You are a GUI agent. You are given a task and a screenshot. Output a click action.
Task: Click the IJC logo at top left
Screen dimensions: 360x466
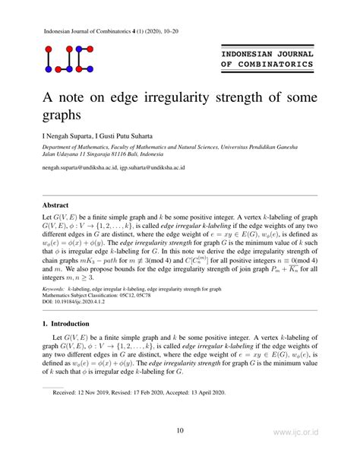(70, 61)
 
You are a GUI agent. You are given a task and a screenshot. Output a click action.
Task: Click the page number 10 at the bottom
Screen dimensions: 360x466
(180, 431)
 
